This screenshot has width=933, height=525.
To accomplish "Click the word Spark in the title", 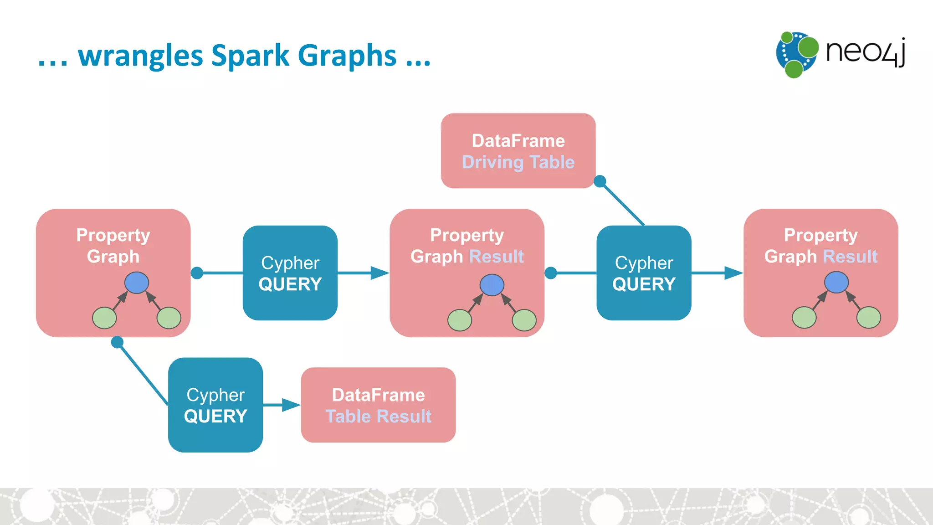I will coord(250,56).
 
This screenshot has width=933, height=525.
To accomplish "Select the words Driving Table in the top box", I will coord(518,163).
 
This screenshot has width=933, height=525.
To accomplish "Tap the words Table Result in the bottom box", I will coord(378,417).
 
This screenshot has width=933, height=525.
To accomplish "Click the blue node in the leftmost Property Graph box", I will coord(137,283).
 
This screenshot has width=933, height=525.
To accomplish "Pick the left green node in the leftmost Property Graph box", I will coord(104,318).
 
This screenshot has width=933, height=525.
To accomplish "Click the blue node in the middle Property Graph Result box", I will coord(492,285).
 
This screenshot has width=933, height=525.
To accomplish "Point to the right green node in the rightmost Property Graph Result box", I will coord(868,318).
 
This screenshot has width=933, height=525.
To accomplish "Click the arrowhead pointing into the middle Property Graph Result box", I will coord(380,273).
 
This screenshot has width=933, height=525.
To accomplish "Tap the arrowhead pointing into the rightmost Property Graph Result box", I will coord(733,273).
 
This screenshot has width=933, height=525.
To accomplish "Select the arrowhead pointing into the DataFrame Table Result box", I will coord(291,405).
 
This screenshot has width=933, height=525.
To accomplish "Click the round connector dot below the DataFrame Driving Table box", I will coord(600,181).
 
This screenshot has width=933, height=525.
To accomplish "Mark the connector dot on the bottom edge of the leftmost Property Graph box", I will coord(117,342).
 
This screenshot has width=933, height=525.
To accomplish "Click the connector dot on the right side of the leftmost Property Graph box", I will coord(197,273).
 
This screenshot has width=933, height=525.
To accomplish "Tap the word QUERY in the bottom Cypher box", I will coord(215,417).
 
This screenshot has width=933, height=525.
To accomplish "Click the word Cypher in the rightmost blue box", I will coord(644,263).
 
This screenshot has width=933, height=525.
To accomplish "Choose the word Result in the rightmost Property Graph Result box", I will coord(850,257).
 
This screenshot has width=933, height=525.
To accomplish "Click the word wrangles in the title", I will coord(140,56).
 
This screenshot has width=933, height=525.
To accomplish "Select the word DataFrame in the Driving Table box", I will coord(518,141).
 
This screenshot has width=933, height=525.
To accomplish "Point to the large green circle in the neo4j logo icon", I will coord(808,47).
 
